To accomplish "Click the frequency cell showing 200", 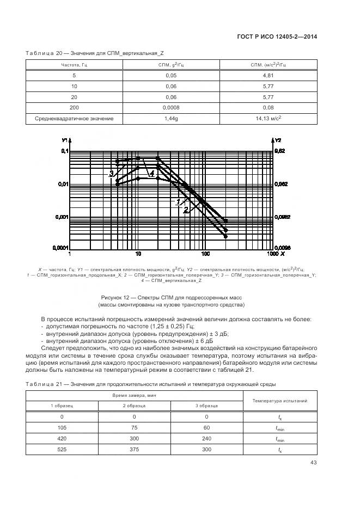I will [75, 108].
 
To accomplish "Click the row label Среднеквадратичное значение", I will [75, 119].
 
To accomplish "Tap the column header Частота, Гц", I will [75, 65].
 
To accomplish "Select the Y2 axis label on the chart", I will [277, 140].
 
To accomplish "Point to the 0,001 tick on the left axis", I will [60, 217].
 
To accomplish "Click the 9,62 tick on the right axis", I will [279, 151].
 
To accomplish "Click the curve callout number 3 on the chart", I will [111, 174].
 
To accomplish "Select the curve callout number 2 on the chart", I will [186, 209].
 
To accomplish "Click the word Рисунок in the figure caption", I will [112, 297].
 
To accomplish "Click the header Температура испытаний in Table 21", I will [280, 401].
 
